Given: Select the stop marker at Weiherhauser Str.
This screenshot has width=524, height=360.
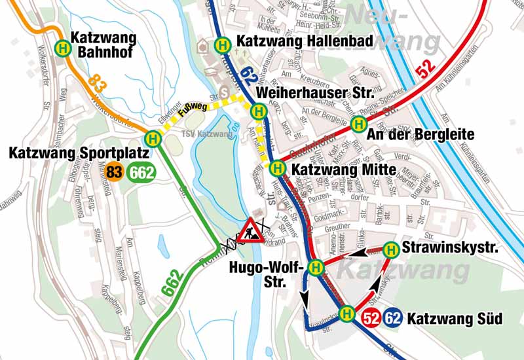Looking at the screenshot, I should [x=259, y=111].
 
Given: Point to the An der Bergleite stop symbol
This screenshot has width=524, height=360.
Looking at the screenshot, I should [x=358, y=124].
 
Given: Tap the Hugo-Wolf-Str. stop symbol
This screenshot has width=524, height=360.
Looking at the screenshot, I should [x=315, y=267].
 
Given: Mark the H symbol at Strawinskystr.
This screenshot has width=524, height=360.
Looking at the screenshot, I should [x=391, y=249].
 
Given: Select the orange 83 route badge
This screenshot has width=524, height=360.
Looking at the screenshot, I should [x=115, y=173].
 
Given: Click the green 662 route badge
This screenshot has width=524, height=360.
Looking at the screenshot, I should [x=141, y=173].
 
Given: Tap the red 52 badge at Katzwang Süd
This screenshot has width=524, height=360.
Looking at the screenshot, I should [x=370, y=319].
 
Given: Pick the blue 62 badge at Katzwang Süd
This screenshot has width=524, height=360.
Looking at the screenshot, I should [x=393, y=319].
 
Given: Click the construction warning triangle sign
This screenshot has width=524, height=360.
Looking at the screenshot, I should [x=251, y=230].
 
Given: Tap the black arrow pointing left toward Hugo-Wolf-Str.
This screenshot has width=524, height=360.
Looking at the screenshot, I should [x=354, y=252].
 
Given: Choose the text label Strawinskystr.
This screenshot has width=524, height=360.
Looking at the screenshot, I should [x=451, y=248].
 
